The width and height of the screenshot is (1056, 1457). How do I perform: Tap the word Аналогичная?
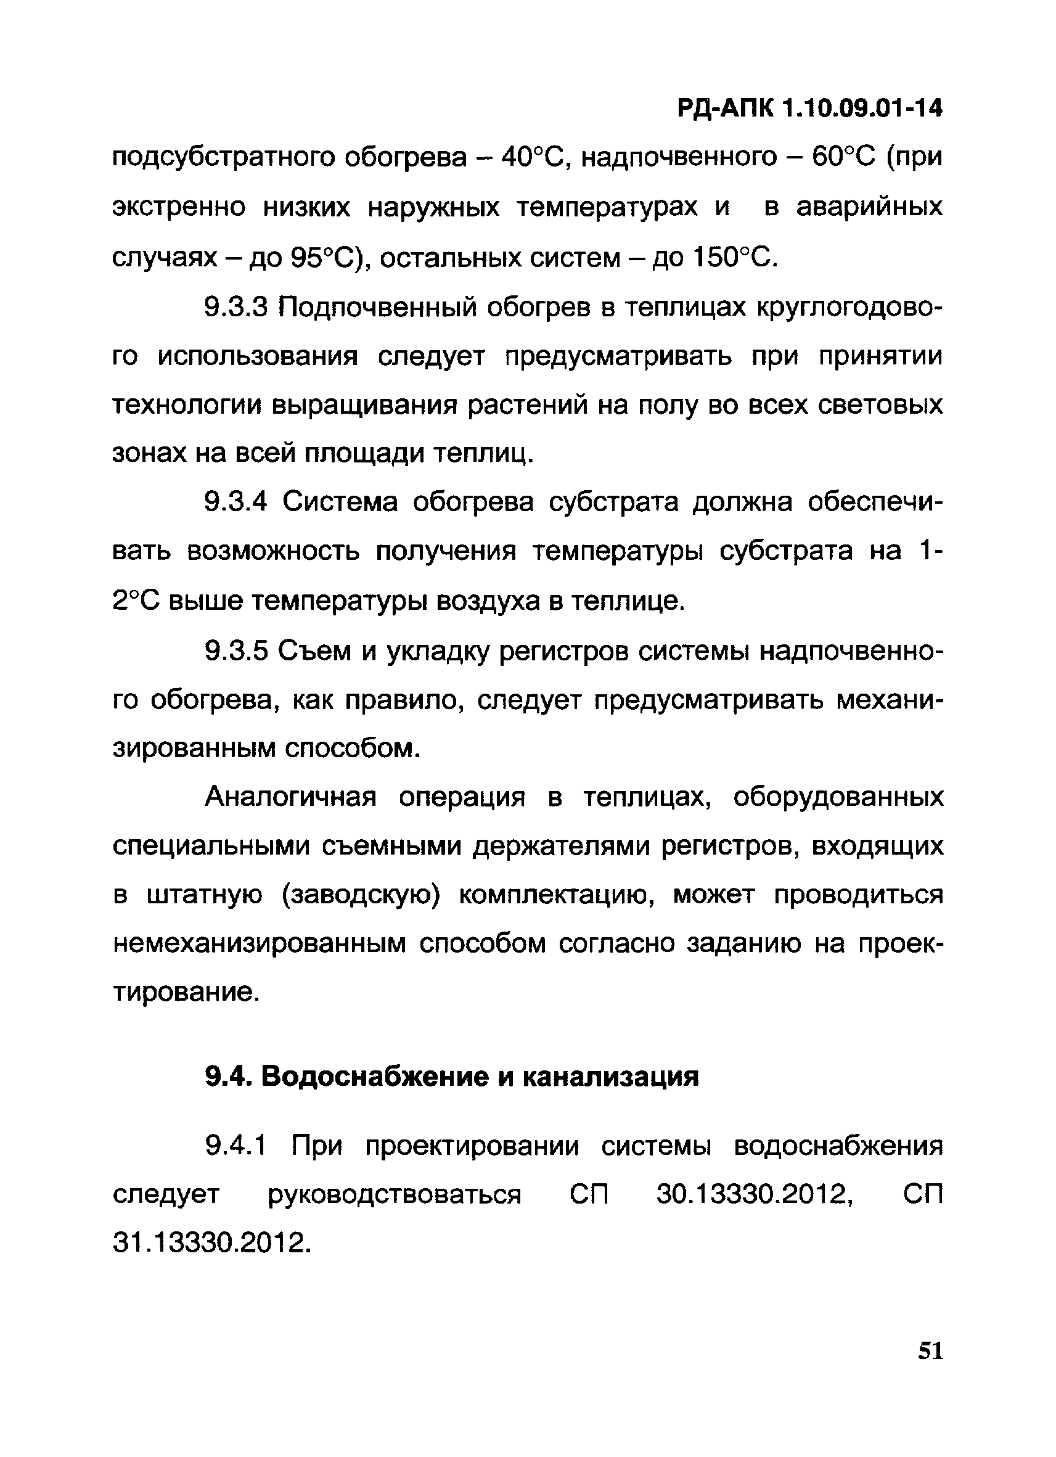coord(290,798)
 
